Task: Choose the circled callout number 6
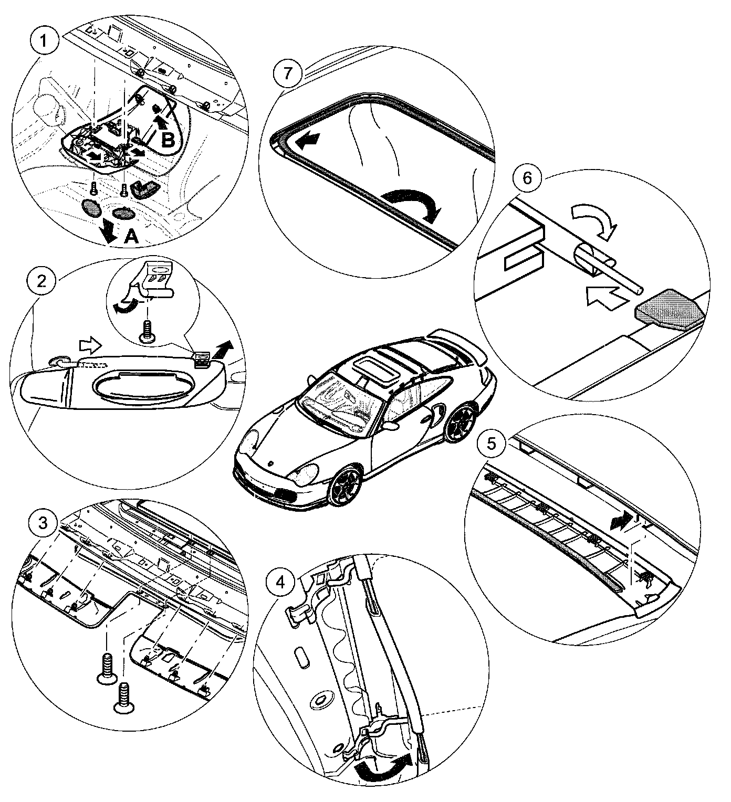pos(527,177)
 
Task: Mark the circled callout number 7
pos(286,72)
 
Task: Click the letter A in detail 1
pos(131,237)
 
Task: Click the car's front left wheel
pos(343,488)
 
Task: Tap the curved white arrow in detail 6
pos(594,220)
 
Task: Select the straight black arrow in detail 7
pos(309,140)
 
